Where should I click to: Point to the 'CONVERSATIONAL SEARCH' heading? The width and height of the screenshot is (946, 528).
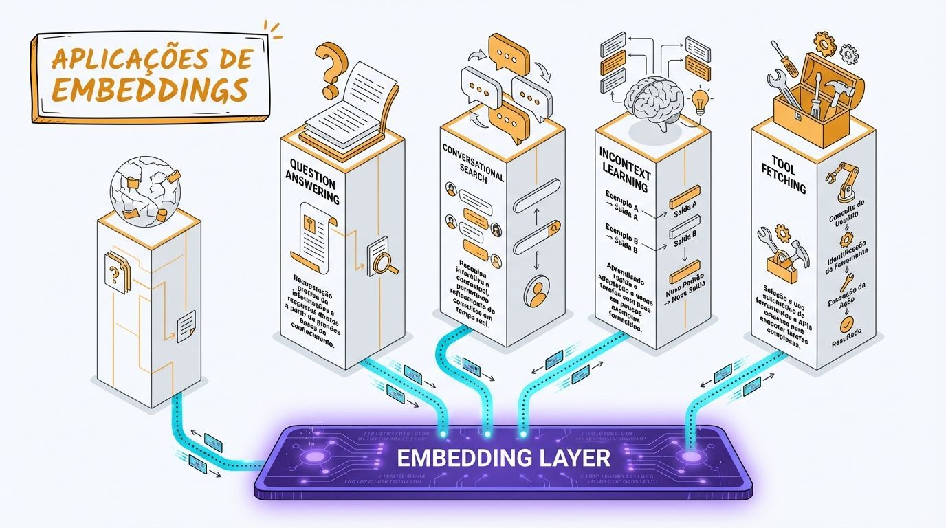click(x=473, y=164)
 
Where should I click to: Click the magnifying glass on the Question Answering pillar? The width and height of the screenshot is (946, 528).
click(x=380, y=261)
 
